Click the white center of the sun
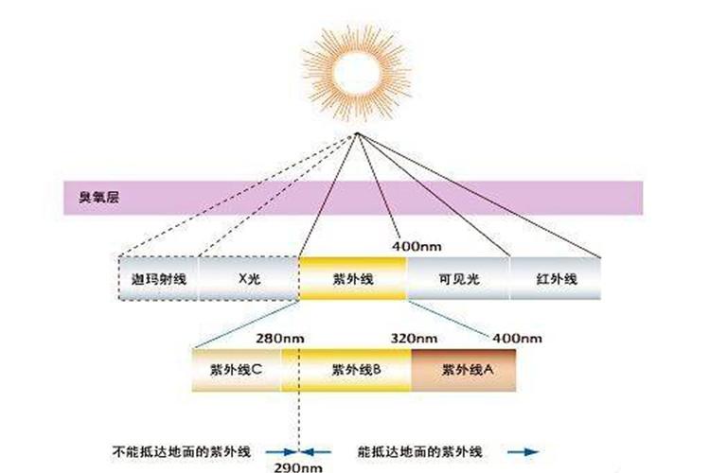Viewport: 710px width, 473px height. coord(356,72)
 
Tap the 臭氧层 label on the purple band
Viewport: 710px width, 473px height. coord(99,197)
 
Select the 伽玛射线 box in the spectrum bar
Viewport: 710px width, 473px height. coord(158,278)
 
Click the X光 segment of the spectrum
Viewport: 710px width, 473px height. coord(249,278)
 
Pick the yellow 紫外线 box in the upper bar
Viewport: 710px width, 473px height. coord(353,278)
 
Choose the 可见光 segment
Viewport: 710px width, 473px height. coord(458,278)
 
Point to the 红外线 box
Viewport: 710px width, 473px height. coord(556,278)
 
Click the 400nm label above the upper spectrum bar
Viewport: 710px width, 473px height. coord(417,247)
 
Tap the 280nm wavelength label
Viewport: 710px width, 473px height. coord(280,339)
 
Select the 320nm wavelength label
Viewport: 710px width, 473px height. coord(414,339)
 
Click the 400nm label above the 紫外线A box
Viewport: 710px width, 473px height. coord(517,339)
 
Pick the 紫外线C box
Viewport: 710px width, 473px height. coord(237,370)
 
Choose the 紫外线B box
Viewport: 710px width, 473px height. coord(346,370)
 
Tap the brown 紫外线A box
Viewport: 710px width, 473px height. coord(464,370)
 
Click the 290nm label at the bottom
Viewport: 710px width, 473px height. coord(298,467)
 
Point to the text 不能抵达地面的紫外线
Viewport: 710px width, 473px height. coord(181,451)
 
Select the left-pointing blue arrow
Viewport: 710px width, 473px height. coord(316,452)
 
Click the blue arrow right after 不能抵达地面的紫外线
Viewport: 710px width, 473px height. coord(281,452)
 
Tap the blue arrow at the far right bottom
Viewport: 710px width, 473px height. coord(523,452)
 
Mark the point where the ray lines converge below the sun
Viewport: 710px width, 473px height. coord(356,133)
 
